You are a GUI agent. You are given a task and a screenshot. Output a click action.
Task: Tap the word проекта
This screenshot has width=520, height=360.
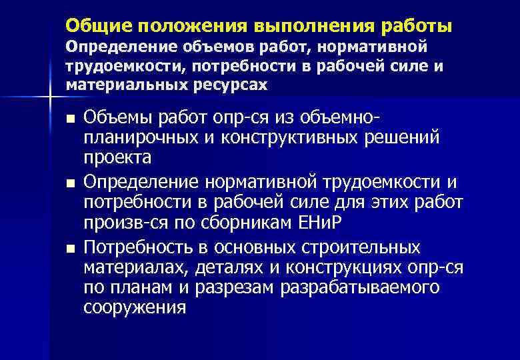118,157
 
